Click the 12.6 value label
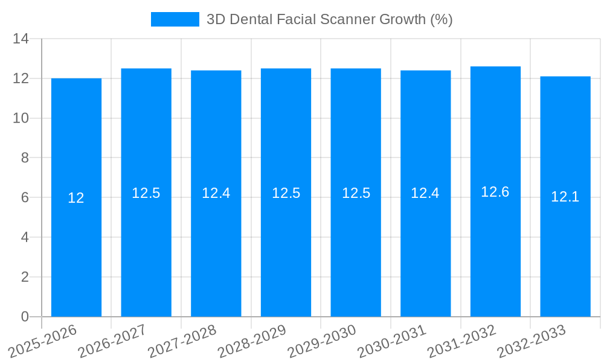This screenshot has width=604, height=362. (495, 192)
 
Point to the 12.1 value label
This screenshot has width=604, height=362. (565, 197)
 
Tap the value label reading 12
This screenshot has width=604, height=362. (76, 198)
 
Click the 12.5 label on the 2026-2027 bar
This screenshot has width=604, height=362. (146, 193)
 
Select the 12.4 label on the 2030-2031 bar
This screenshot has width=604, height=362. (425, 193)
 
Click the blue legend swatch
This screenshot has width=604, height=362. (175, 19)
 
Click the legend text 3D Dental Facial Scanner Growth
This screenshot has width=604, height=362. (329, 19)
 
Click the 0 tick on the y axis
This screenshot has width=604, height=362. (25, 317)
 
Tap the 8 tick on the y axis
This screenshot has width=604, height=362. (25, 158)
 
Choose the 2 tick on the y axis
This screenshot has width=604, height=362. (25, 277)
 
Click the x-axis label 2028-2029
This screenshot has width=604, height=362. (252, 341)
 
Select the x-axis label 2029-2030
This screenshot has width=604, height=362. (322, 341)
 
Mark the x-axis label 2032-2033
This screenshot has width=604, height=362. (532, 341)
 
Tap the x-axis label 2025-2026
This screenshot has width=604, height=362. (43, 341)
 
